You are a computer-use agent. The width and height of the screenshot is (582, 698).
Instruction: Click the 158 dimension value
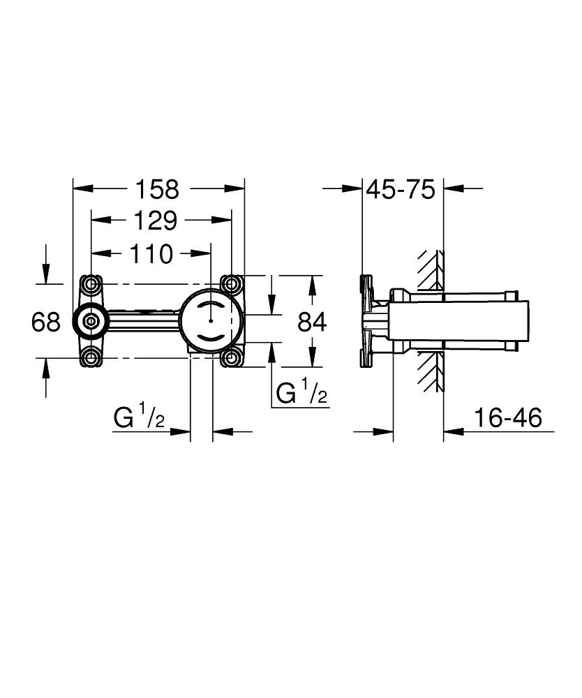(x=157, y=189)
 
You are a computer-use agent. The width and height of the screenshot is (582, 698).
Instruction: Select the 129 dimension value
(x=156, y=221)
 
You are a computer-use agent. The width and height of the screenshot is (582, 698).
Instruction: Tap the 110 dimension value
(x=149, y=254)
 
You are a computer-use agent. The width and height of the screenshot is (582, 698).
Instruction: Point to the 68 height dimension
(x=47, y=322)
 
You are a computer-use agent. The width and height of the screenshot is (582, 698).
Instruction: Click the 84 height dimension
(x=312, y=322)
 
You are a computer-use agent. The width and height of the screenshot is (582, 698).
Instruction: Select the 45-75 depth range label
(x=401, y=189)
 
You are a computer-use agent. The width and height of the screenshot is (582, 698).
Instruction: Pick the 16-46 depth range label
(x=507, y=418)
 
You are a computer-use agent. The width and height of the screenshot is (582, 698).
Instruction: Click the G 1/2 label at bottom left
(x=140, y=418)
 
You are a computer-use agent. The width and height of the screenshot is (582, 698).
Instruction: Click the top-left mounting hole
(x=91, y=284)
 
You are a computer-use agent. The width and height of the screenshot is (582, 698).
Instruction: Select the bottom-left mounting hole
(x=91, y=359)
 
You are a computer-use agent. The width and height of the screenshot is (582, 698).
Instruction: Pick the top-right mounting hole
(x=231, y=284)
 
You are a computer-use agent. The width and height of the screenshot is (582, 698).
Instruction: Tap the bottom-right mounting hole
(x=231, y=359)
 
